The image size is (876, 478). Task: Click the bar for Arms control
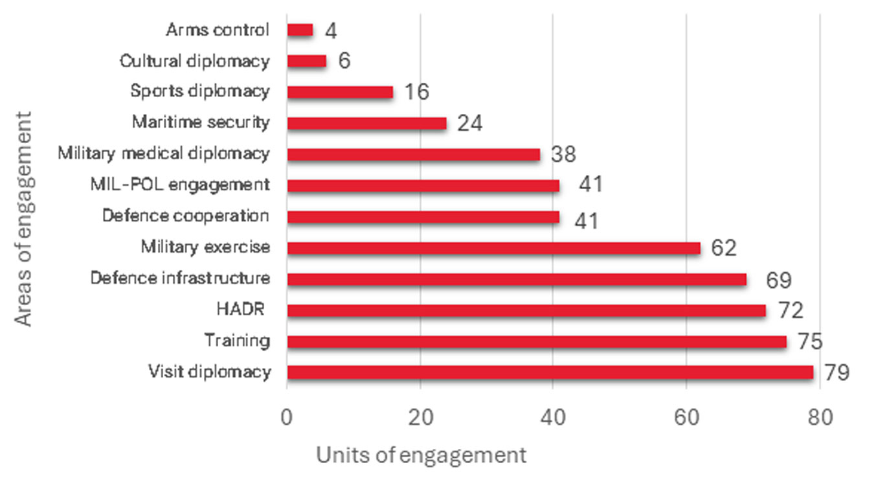[x=300, y=30]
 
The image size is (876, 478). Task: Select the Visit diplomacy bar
[x=550, y=372]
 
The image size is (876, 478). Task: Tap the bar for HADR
[x=526, y=310]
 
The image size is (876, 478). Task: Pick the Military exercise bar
[x=493, y=248]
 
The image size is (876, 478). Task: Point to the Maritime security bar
[x=366, y=123]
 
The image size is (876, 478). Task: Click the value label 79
[x=836, y=373]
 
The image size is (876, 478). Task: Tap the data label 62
[x=723, y=248]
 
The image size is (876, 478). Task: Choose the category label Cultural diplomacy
[x=194, y=62]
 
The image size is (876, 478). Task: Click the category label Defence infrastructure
[x=179, y=279]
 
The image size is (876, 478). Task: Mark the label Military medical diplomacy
[x=163, y=154]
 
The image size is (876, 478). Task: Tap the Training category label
[x=236, y=341]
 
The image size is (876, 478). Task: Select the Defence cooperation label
[x=185, y=216]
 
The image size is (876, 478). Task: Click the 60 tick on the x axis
[x=686, y=418]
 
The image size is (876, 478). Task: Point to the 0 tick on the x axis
[x=287, y=418]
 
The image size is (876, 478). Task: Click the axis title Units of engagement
[x=421, y=455]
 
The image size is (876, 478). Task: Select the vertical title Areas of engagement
[x=23, y=218]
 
